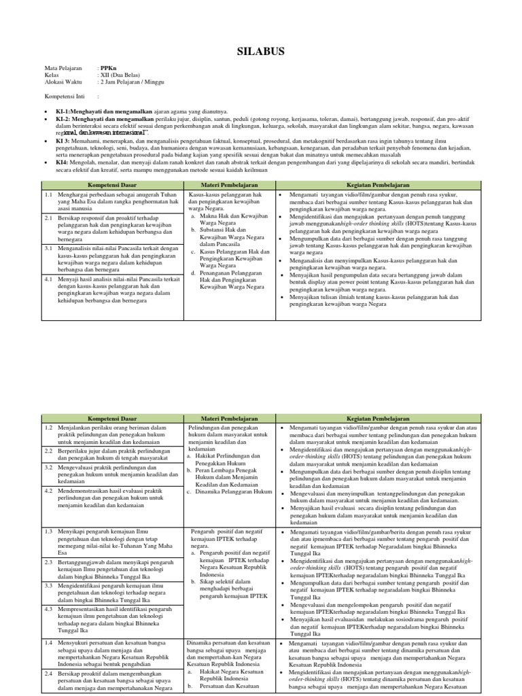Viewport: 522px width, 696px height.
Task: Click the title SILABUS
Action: click(x=260, y=51)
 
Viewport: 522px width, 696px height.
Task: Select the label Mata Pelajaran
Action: click(x=63, y=68)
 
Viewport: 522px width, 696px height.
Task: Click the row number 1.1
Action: click(x=50, y=194)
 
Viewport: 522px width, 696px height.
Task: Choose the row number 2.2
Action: click(x=50, y=450)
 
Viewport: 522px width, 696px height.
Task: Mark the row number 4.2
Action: click(x=50, y=489)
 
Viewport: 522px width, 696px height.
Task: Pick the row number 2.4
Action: click(x=50, y=673)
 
